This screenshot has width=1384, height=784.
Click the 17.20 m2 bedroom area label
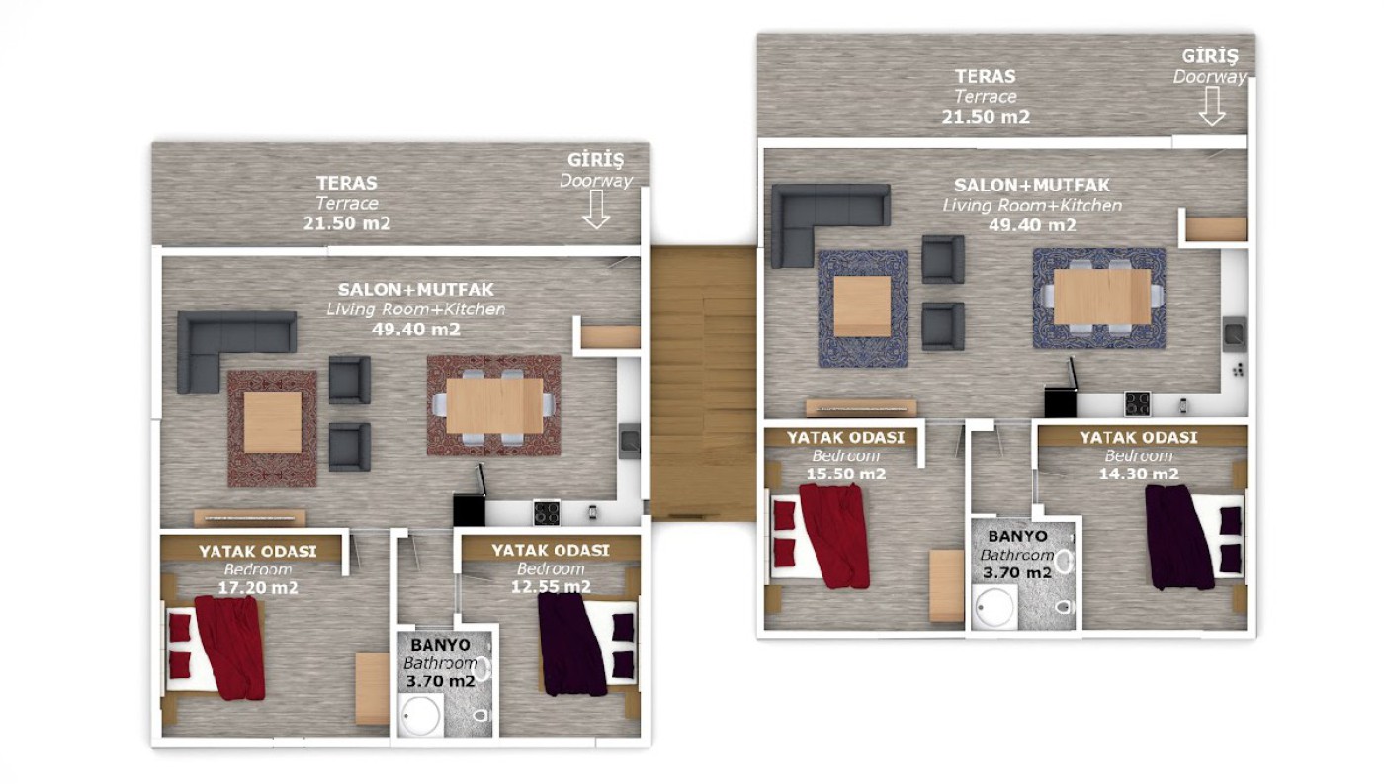pyautogui.click(x=258, y=587)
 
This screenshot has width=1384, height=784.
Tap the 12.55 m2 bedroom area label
pyautogui.click(x=551, y=587)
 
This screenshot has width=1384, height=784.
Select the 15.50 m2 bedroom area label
pyautogui.click(x=846, y=474)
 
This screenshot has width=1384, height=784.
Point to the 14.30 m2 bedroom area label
pyautogui.click(x=1139, y=474)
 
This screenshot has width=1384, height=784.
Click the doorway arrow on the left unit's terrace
pyautogui.click(x=596, y=210)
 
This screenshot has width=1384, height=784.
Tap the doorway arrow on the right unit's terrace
pyautogui.click(x=1212, y=106)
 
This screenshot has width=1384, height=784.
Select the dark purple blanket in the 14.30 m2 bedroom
pyautogui.click(x=1178, y=537)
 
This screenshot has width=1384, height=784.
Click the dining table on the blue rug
pyautogui.click(x=1101, y=297)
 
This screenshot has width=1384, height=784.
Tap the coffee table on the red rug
pyautogui.click(x=273, y=422)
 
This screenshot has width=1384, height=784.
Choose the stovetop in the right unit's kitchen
pyautogui.click(x=1137, y=404)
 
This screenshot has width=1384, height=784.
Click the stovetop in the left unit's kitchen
pyautogui.click(x=547, y=513)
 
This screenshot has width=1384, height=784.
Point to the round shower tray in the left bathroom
pyautogui.click(x=420, y=716)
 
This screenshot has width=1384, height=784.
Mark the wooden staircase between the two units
pyautogui.click(x=704, y=383)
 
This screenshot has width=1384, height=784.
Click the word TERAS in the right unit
pyautogui.click(x=986, y=76)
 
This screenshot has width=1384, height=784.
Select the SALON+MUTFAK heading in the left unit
pyautogui.click(x=416, y=289)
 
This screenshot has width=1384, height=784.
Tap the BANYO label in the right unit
pyautogui.click(x=1017, y=536)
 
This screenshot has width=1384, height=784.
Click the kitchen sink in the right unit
pyautogui.click(x=1235, y=334)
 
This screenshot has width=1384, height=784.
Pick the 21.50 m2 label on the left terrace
pyautogui.click(x=347, y=223)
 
